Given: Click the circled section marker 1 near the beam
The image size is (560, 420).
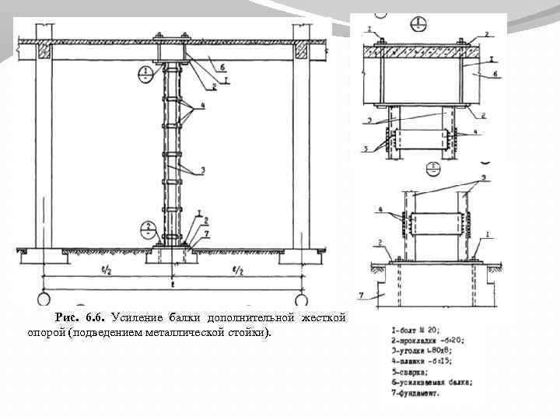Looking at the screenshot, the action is pos(145,75).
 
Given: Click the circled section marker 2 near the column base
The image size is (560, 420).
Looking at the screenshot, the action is pos(146,229).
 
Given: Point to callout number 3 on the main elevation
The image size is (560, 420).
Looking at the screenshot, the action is pos(205,169).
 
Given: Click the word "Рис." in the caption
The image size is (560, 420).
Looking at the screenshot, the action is pos(68,318).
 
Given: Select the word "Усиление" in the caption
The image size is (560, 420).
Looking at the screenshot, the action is pos(137,318).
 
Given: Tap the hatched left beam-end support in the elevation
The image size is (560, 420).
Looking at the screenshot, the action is pos(44,51).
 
